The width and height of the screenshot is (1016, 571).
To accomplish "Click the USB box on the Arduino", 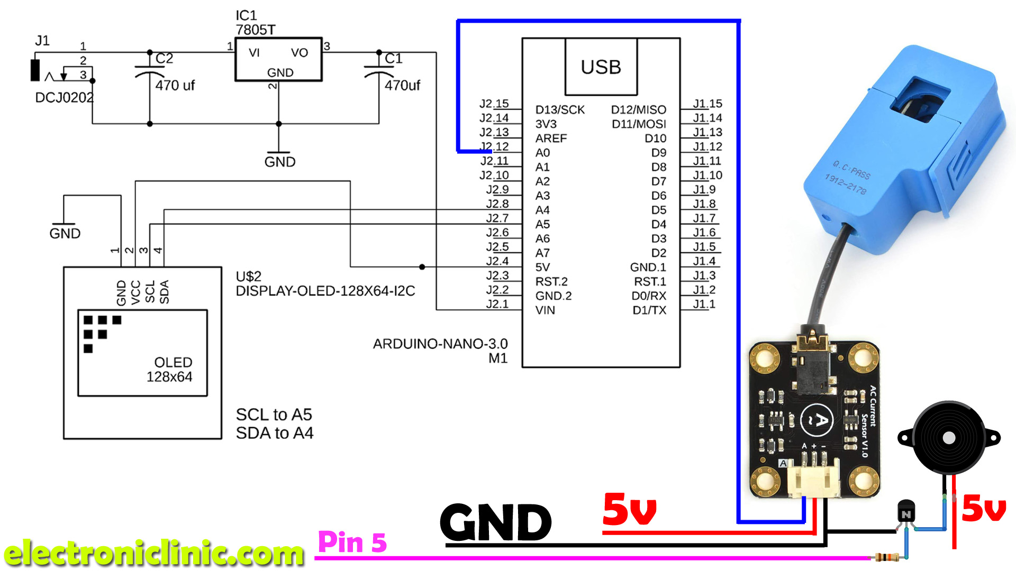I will click(x=601, y=67).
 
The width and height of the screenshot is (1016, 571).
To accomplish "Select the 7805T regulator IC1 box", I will click(x=278, y=59).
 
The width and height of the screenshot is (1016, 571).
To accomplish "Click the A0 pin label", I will click(x=542, y=153).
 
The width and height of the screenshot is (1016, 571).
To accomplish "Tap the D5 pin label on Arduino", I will click(x=658, y=210).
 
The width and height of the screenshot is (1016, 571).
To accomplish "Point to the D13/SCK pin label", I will click(x=560, y=109).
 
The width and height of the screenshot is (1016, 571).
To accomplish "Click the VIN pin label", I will click(x=545, y=310).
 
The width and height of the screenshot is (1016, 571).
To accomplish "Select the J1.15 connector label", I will click(x=707, y=104).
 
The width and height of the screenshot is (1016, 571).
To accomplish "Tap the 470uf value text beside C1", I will click(x=402, y=85).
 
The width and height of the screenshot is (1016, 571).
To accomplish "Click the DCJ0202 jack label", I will click(x=64, y=98).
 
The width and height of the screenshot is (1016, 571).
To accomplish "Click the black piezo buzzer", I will click(x=949, y=438).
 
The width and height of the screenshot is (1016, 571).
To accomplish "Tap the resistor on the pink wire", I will click(x=887, y=557).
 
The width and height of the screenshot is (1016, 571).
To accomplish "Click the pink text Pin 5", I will click(x=352, y=542).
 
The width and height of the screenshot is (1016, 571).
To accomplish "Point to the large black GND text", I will click(x=496, y=522).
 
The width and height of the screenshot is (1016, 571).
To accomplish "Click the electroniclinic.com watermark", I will click(x=153, y=553).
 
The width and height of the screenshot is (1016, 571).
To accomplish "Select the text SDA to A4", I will click(x=274, y=433).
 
